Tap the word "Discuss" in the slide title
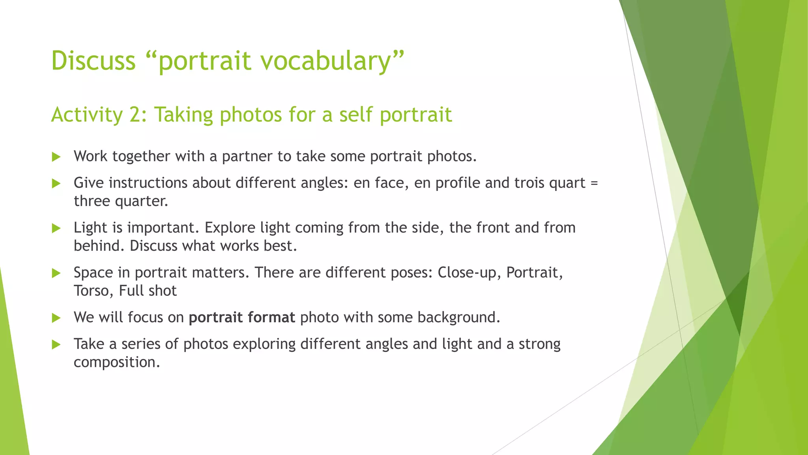pyautogui.click(x=94, y=61)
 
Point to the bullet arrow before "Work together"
pyautogui.click(x=56, y=157)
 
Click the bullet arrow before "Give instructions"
pyautogui.click(x=56, y=183)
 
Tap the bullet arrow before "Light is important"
pyautogui.click(x=56, y=228)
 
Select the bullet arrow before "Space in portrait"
pyautogui.click(x=56, y=273)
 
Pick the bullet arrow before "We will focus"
pyautogui.click(x=56, y=318)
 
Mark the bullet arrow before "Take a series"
pyautogui.click(x=56, y=344)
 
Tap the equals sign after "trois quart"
pyautogui.click(x=595, y=183)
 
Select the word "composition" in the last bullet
pyautogui.click(x=116, y=363)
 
